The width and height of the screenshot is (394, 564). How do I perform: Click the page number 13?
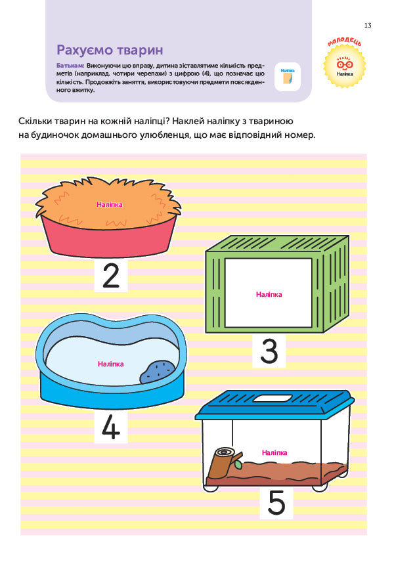367,25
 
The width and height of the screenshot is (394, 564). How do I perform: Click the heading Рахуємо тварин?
110,50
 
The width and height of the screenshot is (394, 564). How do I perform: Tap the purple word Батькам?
70,66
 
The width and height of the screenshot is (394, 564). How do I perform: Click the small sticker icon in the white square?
288,77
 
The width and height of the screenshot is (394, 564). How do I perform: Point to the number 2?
111,276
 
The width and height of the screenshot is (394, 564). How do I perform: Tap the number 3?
269,351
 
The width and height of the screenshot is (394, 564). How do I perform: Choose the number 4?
111,427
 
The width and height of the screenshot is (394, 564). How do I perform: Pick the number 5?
276,502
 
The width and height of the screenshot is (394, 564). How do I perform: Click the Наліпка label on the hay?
110,205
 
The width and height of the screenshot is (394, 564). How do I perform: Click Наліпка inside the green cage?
269,295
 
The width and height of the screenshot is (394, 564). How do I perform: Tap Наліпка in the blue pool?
110,364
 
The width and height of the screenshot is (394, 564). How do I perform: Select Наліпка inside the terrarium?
274,453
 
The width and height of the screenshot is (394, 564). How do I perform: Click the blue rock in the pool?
157,372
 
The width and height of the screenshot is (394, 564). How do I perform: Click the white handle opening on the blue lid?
273,398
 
